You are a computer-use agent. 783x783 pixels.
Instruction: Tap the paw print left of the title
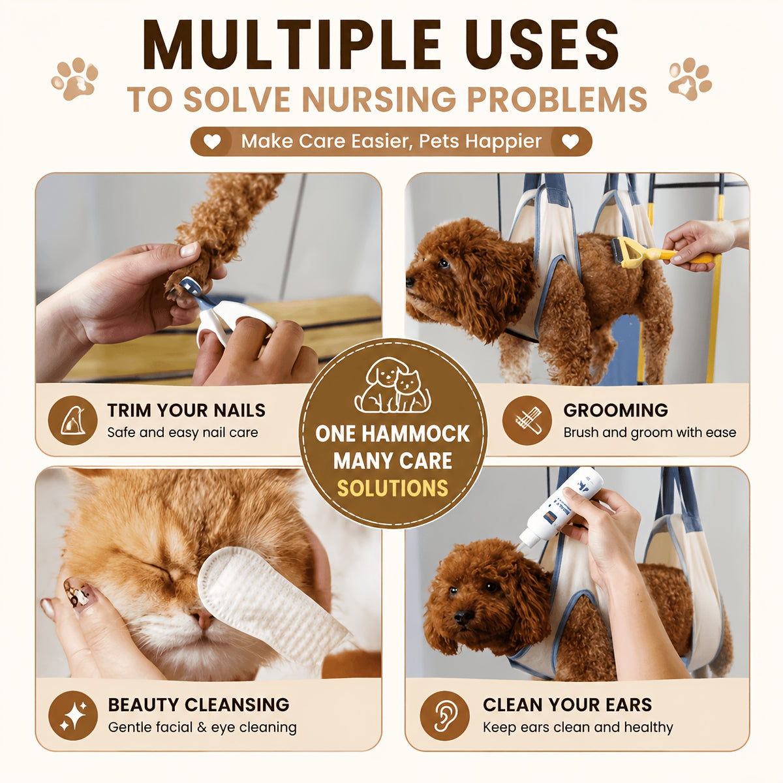click(x=75, y=79)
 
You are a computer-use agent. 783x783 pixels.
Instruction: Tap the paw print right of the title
click(x=690, y=79)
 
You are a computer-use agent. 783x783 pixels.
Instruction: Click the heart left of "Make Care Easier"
click(x=211, y=142)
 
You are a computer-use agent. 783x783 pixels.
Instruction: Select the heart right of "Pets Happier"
click(x=570, y=142)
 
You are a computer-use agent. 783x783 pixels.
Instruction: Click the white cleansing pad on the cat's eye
click(x=268, y=609)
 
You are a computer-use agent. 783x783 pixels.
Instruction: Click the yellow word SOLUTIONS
click(x=392, y=489)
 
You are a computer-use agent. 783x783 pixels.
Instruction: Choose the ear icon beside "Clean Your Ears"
click(x=444, y=715)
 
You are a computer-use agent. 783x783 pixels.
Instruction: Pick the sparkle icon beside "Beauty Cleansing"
click(x=73, y=715)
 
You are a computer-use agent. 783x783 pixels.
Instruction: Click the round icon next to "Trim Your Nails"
click(x=72, y=420)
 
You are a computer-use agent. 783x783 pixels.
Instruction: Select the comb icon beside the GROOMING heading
click(x=527, y=420)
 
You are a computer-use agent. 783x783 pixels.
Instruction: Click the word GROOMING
click(x=615, y=410)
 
